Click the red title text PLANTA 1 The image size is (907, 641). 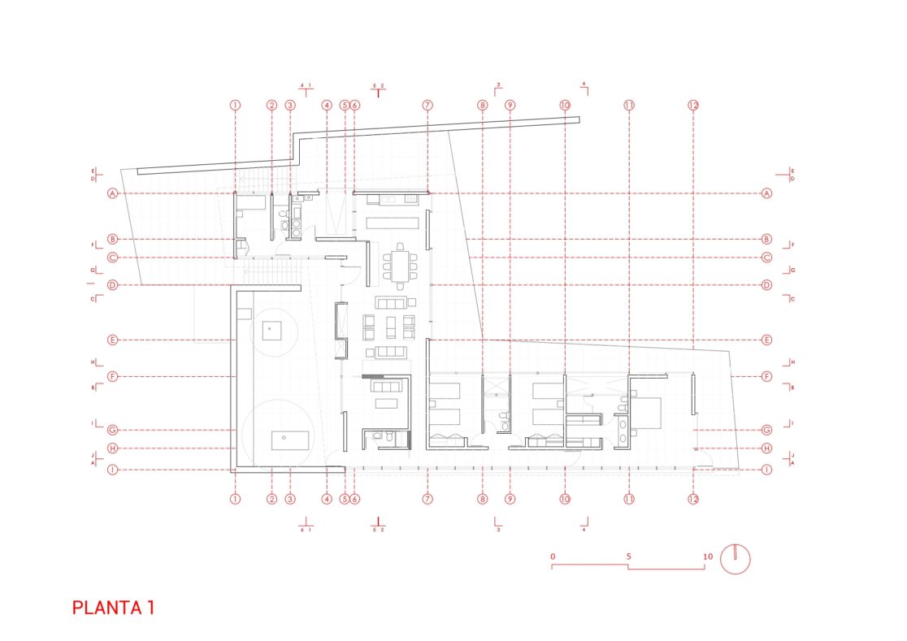[x=113, y=608]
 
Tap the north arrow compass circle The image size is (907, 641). [x=736, y=559]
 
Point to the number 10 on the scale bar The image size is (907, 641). [x=707, y=557]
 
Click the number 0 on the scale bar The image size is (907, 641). [x=553, y=557]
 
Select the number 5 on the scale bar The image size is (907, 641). [x=629, y=557]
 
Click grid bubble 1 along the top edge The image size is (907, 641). [x=235, y=106]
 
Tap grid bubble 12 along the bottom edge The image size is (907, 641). [x=693, y=500]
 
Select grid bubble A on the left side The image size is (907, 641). [x=113, y=193]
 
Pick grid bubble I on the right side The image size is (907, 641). [x=766, y=469]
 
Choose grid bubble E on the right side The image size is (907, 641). [x=766, y=340]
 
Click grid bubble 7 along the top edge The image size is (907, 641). [x=427, y=106]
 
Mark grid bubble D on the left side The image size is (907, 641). [x=113, y=285]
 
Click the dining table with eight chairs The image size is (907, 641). [x=399, y=266]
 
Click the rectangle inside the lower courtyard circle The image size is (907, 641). [x=290, y=440]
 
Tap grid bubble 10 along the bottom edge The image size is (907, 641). [x=565, y=500]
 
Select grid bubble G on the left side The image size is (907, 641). [x=113, y=430]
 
